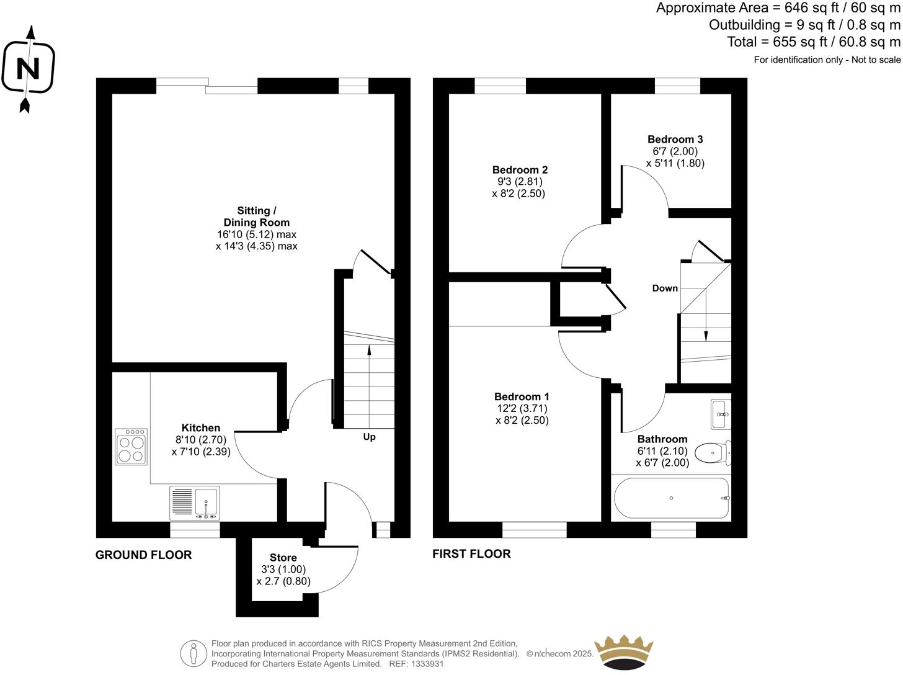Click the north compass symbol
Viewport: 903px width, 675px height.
coord(27,68)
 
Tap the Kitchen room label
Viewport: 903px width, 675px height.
coord(200,428)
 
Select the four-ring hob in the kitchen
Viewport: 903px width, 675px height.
coord(131,447)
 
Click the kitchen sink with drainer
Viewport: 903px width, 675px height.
coord(194,503)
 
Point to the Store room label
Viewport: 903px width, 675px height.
coord(283,558)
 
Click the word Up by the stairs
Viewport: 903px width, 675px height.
coord(369,437)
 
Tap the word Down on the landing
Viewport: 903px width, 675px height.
coord(665,288)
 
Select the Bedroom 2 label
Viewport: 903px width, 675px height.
coord(520,170)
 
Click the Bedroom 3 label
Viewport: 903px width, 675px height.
coord(675,140)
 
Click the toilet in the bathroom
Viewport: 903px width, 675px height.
coord(713,453)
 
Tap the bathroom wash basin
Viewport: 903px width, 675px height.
coord(721,414)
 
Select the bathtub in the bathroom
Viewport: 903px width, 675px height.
coord(671,498)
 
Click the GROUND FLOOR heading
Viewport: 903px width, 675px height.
coord(143,555)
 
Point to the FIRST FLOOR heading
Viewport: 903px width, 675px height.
coord(471,554)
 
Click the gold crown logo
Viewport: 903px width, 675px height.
coord(623,653)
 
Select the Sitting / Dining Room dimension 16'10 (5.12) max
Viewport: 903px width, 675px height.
coord(256,235)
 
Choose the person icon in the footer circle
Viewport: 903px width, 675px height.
coord(194,653)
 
